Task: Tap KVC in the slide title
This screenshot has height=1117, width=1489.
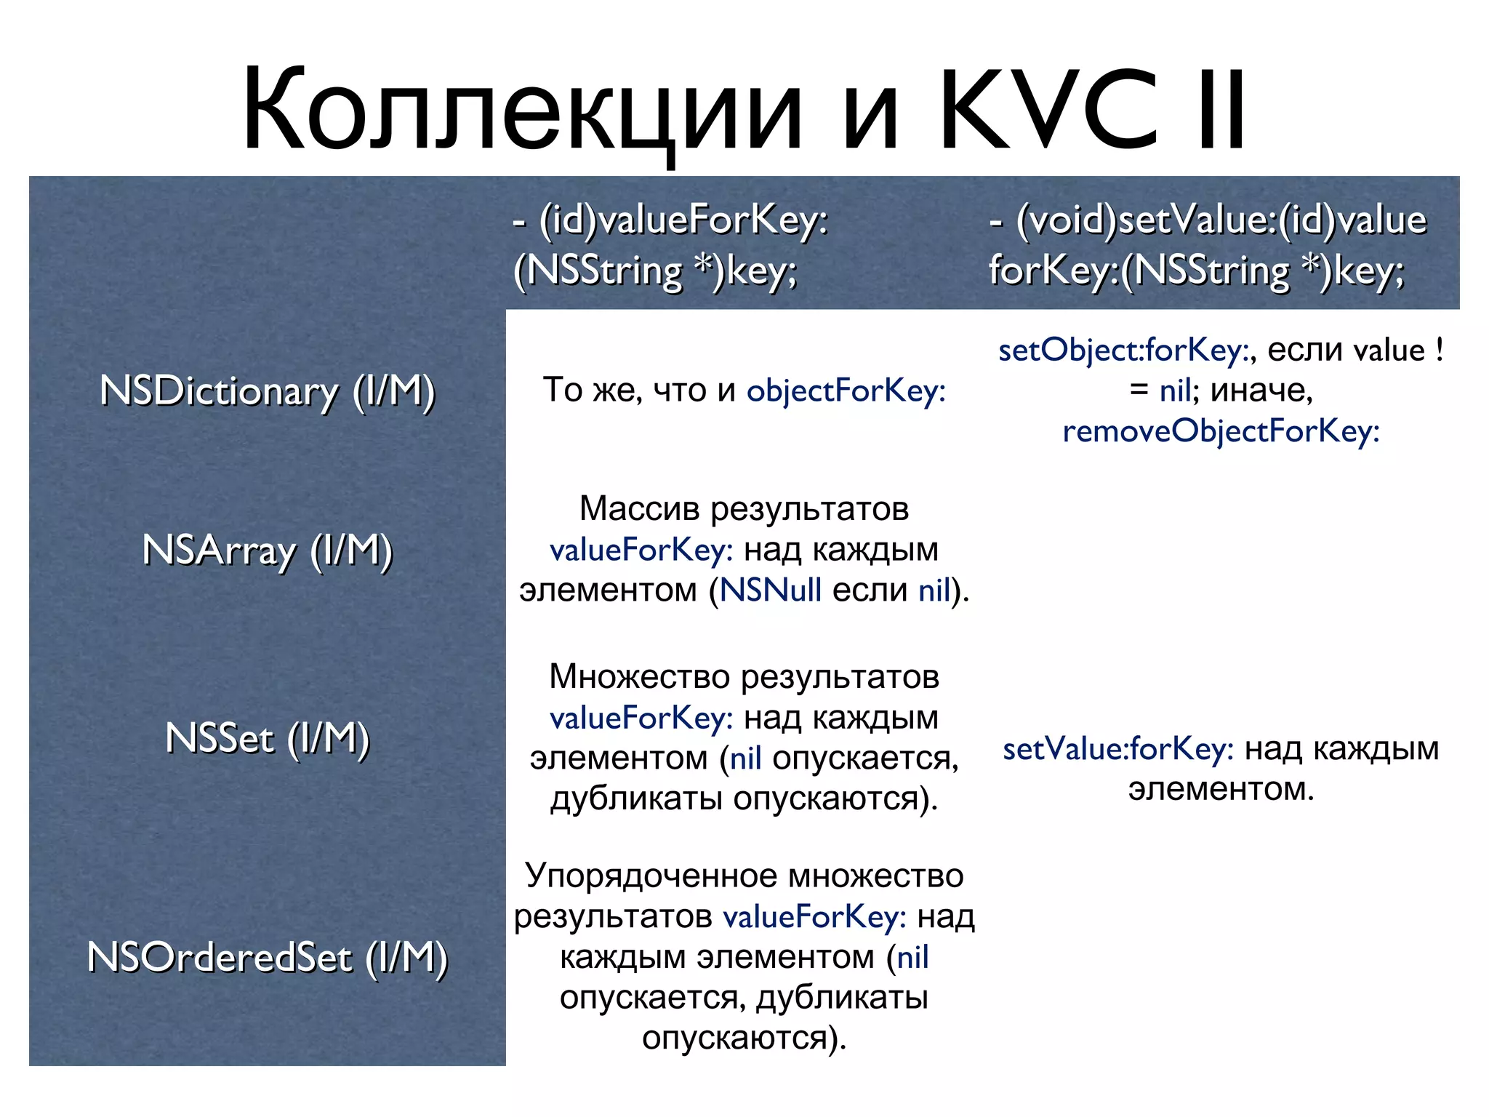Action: [x=1048, y=111]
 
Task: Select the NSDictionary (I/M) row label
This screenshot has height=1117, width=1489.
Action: [x=267, y=391]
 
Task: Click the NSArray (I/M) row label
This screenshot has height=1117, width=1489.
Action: [x=267, y=551]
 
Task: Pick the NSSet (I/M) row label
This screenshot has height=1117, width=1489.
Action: [x=267, y=739]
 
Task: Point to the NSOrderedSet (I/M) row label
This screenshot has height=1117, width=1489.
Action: [x=267, y=957]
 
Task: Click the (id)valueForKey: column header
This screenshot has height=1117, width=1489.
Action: [x=670, y=220]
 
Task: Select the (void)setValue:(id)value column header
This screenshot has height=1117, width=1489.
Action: [x=1208, y=220]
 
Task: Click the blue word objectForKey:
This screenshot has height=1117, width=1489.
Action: [x=846, y=391]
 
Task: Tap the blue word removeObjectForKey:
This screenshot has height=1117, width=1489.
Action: [x=1221, y=431]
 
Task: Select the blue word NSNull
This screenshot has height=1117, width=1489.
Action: [x=770, y=590]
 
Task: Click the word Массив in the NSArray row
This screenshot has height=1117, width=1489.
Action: [x=641, y=508]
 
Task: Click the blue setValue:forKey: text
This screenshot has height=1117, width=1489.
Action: [x=1117, y=749]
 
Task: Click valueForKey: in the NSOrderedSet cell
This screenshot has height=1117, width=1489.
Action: [x=814, y=916]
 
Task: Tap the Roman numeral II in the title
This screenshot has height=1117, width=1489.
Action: [x=1222, y=111]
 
